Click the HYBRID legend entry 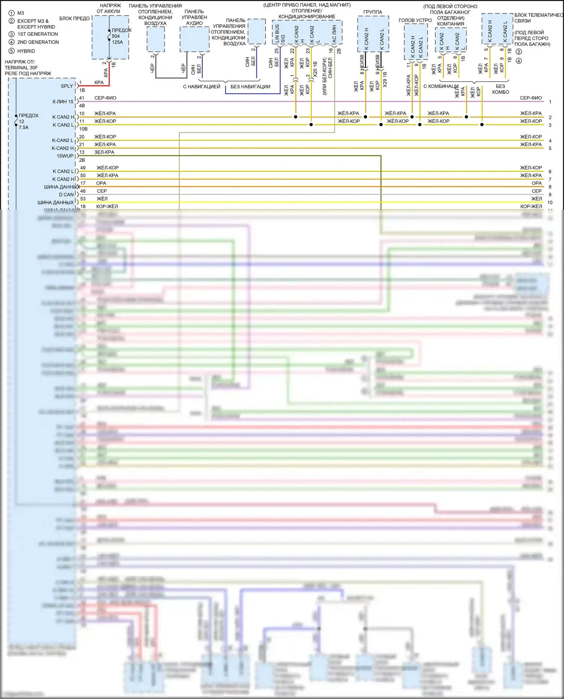pyautogui.click(x=26, y=51)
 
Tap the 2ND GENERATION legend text pyautogui.click(x=38, y=42)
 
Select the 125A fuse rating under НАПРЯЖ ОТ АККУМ pyautogui.click(x=117, y=42)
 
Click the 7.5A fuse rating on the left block pyautogui.click(x=24, y=127)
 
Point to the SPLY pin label pyautogui.click(x=67, y=86)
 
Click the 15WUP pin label pyautogui.click(x=65, y=156)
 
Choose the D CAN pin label pyautogui.click(x=66, y=195)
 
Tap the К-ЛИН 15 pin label pyautogui.click(x=63, y=101)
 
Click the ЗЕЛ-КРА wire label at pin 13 pyautogui.click(x=104, y=152)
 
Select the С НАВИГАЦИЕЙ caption pyautogui.click(x=202, y=86)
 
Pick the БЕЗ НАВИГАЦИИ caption pyautogui.click(x=250, y=86)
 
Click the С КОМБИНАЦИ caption pyautogui.click(x=441, y=86)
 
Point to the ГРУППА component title pyautogui.click(x=373, y=12)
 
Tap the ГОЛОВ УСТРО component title pyautogui.click(x=415, y=20)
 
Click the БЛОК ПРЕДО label pyautogui.click(x=74, y=18)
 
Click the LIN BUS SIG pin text pyautogui.click(x=280, y=34)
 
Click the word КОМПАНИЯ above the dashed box pyautogui.click(x=450, y=24)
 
